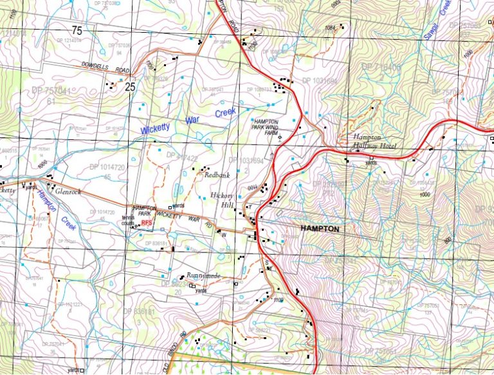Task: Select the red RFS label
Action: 147,222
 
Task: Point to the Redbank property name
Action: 216,175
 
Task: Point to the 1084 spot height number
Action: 331,28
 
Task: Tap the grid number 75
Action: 77,31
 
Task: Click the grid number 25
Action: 131,87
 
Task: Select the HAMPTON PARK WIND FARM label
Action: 266,126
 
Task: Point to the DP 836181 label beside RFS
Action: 156,243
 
